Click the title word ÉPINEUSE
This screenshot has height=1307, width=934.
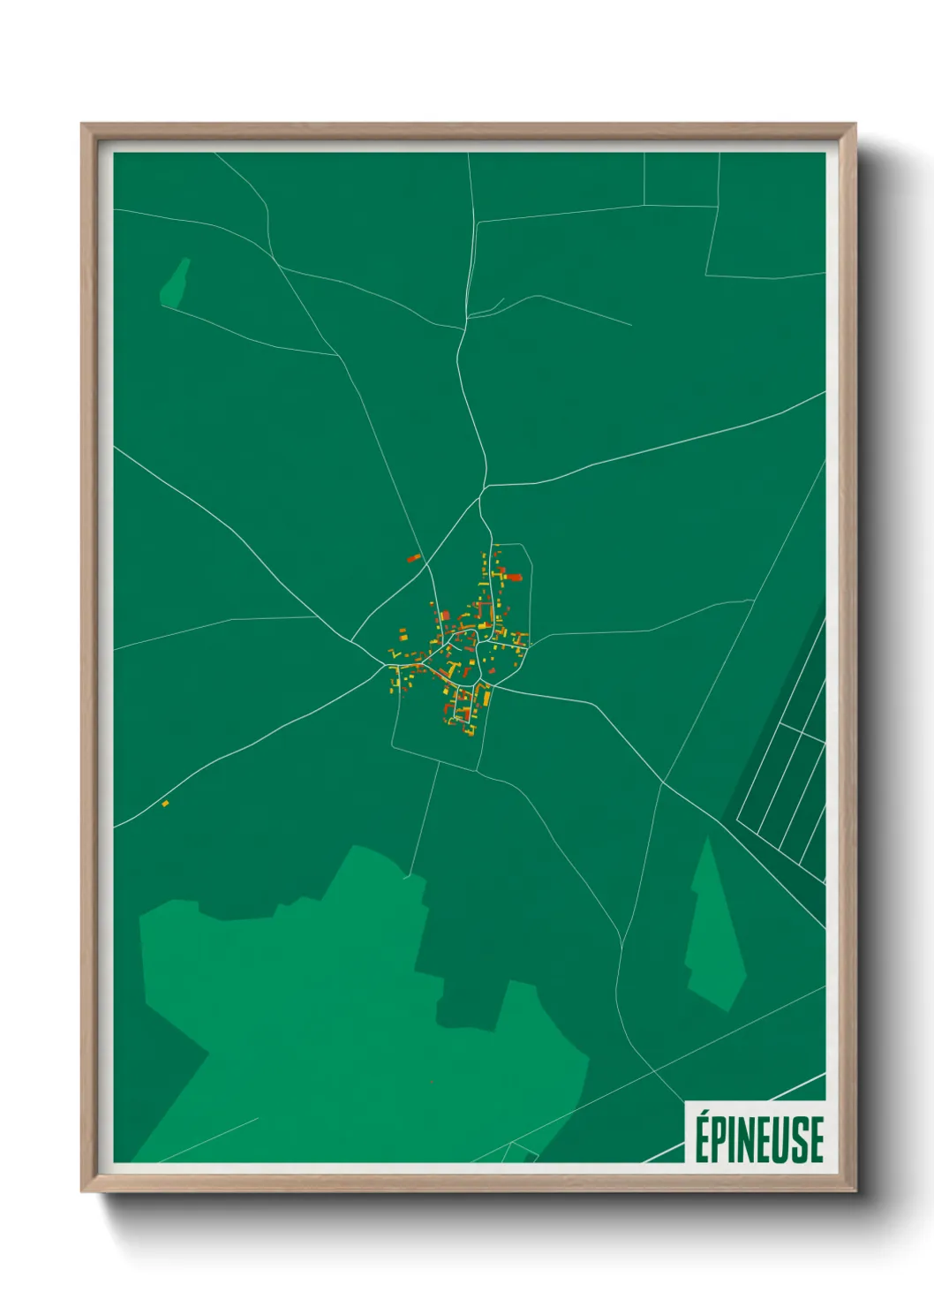click(758, 1139)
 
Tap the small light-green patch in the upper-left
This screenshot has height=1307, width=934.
click(175, 284)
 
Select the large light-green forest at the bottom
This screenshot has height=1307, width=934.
click(353, 1016)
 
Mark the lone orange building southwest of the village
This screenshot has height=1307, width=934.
click(165, 804)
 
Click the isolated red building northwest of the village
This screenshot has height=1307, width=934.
click(413, 558)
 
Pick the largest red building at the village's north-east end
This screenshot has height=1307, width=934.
click(513, 577)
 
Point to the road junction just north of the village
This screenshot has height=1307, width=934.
click(483, 487)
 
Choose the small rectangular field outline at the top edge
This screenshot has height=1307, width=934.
click(681, 179)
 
